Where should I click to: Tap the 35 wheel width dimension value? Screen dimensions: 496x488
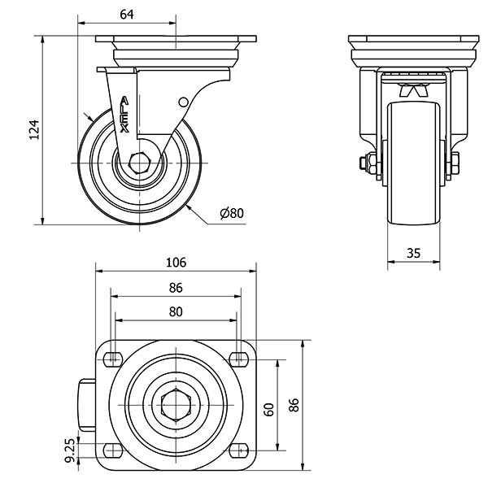[413, 253]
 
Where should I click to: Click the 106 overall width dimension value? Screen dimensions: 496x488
[176, 262]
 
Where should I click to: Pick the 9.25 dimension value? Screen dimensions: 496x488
[70, 450]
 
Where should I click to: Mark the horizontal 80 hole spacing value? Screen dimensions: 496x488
[176, 311]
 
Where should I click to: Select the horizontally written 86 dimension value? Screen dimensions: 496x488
[176, 287]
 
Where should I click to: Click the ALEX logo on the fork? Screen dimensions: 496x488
[124, 115]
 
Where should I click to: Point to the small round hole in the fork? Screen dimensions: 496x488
[183, 102]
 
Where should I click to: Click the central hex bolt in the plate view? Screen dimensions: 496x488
[176, 404]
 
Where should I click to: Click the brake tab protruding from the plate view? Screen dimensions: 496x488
[87, 404]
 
